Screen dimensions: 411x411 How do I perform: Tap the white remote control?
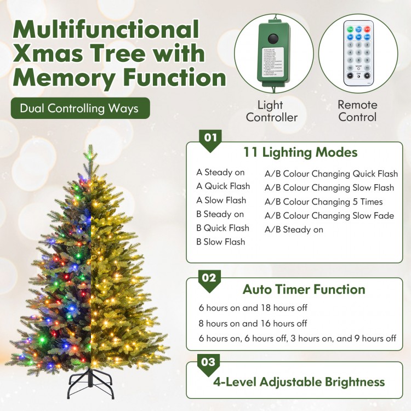pos(358,53)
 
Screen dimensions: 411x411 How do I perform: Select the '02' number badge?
pos(210,278)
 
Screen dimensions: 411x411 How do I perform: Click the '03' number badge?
pos(210,362)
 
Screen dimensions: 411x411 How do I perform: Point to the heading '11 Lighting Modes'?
pos(300,152)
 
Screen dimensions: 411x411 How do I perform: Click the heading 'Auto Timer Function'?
pos(304,289)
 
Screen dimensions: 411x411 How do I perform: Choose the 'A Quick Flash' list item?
pos(223,186)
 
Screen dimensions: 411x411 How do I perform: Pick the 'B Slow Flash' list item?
pos(221,242)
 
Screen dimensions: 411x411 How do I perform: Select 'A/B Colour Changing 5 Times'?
pos(323,202)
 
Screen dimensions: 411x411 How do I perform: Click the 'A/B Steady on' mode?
pos(294,230)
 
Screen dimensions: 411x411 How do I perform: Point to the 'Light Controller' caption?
pos(271,111)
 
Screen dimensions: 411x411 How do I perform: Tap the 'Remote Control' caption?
pos(357,111)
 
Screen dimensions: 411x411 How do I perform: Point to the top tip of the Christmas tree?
pos(88,148)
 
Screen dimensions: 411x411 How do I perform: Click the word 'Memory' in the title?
pos(63,77)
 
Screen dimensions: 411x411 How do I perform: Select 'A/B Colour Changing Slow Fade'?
pos(329,215)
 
